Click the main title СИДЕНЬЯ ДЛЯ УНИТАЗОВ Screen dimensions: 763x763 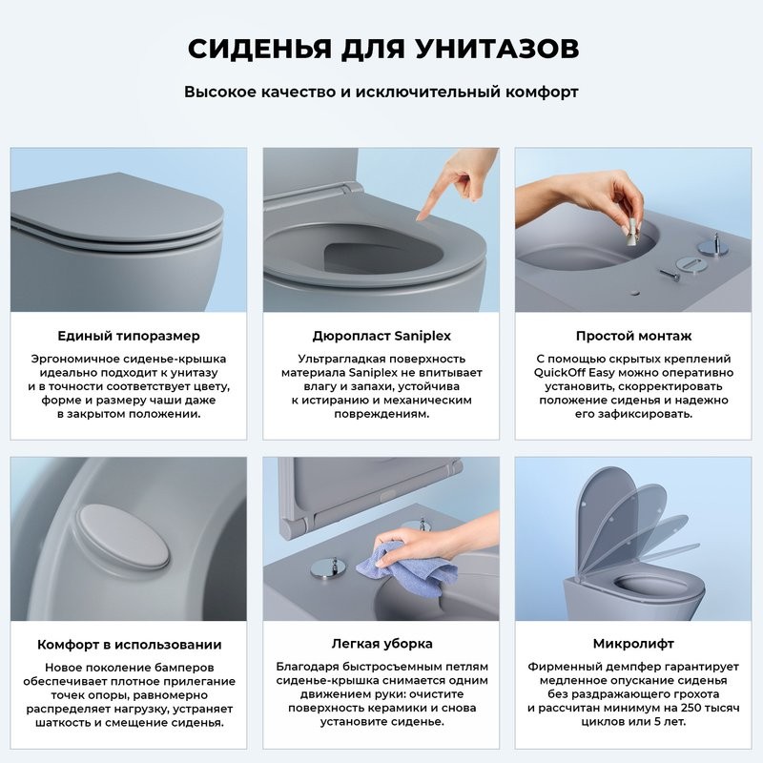click(381, 49)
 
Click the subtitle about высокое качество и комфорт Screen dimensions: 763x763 click(381, 93)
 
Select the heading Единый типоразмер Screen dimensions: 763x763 click(129, 336)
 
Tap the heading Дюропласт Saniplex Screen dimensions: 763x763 click(381, 336)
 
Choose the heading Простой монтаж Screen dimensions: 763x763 click(633, 336)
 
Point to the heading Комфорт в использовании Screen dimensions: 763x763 click(129, 644)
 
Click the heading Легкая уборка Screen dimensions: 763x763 click(381, 644)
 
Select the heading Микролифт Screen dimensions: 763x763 click(633, 644)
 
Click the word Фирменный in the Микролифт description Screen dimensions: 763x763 click(565, 666)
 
